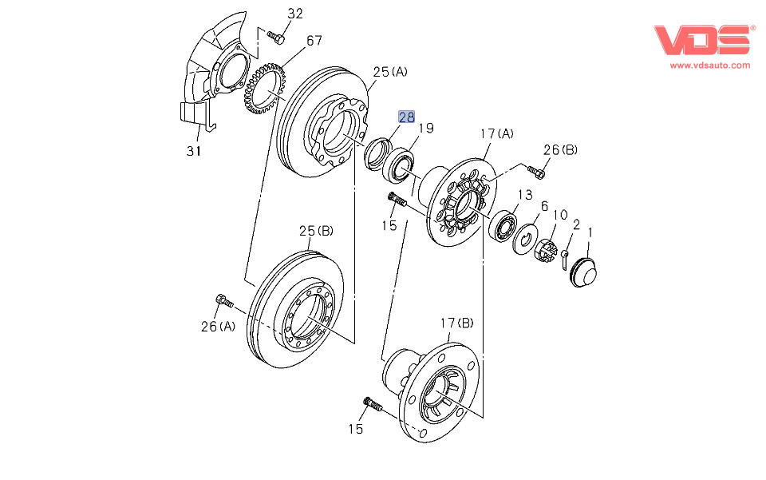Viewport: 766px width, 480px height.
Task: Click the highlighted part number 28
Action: [407, 117]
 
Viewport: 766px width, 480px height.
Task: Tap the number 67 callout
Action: [314, 40]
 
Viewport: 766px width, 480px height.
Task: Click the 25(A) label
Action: [390, 71]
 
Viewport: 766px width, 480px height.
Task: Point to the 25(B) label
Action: [316, 231]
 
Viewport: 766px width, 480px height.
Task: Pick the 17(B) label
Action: [456, 323]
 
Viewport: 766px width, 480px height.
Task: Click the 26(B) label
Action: [559, 149]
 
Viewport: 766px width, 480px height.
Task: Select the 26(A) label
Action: [218, 326]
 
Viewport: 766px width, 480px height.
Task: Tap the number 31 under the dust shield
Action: [194, 150]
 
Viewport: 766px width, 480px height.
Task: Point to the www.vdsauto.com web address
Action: [709, 65]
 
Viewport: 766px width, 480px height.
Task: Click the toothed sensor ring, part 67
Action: [264, 88]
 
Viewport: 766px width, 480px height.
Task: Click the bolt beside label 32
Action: [276, 36]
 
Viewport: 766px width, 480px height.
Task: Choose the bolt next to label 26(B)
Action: [536, 171]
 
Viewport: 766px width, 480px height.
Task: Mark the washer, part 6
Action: [524, 238]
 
